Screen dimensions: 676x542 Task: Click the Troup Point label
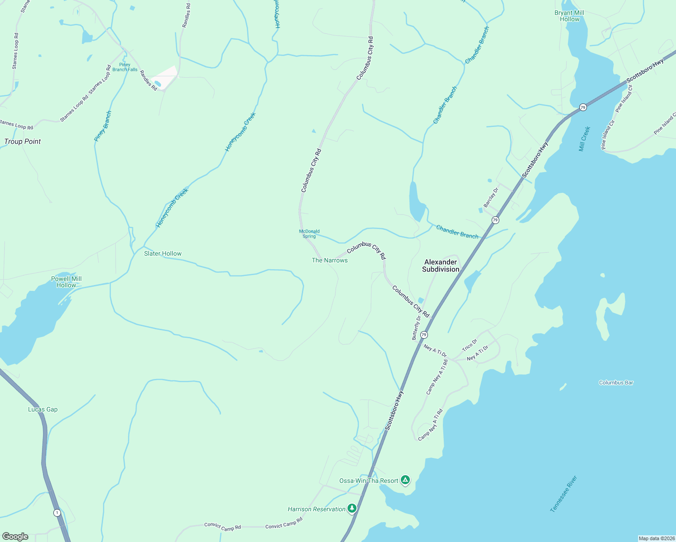pyautogui.click(x=23, y=141)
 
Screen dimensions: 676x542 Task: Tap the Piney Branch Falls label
pyautogui.click(x=125, y=67)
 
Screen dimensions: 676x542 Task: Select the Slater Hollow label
pyautogui.click(x=163, y=253)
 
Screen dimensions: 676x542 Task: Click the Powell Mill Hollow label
pyautogui.click(x=66, y=282)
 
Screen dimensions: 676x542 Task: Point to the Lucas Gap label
pyautogui.click(x=43, y=410)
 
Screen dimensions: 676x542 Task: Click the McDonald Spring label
pyautogui.click(x=309, y=234)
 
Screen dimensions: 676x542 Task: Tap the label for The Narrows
pyautogui.click(x=330, y=260)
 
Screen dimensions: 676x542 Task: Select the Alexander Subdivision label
pyautogui.click(x=441, y=266)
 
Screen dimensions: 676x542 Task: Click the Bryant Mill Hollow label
pyautogui.click(x=569, y=16)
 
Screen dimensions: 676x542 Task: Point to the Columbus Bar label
pyautogui.click(x=616, y=383)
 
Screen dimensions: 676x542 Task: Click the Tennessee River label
pyautogui.click(x=564, y=494)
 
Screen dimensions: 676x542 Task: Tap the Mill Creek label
pyautogui.click(x=585, y=139)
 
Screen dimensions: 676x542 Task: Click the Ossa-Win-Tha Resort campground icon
pyautogui.click(x=405, y=480)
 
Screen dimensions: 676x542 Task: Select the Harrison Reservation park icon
pyautogui.click(x=352, y=509)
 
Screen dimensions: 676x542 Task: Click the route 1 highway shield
pyautogui.click(x=57, y=513)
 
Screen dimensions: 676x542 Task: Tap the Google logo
pyautogui.click(x=15, y=537)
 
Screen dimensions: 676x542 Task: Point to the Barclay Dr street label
pyautogui.click(x=491, y=197)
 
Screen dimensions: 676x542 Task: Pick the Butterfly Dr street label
pyautogui.click(x=416, y=327)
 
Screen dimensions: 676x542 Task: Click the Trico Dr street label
pyautogui.click(x=469, y=346)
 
